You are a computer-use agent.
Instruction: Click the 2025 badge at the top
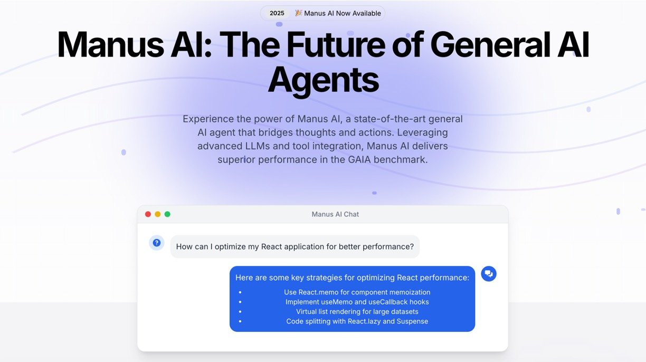pyautogui.click(x=277, y=13)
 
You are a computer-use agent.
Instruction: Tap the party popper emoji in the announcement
pyautogui.click(x=298, y=13)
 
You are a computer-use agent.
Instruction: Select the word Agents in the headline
pyautogui.click(x=323, y=80)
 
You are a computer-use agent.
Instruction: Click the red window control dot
pyautogui.click(x=148, y=214)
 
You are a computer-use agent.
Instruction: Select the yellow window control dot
pyautogui.click(x=157, y=214)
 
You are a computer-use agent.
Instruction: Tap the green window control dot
pyautogui.click(x=167, y=214)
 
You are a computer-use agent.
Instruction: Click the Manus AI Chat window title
pyautogui.click(x=335, y=214)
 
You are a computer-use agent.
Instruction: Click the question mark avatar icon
pyautogui.click(x=156, y=243)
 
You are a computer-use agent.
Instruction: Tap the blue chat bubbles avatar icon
pyautogui.click(x=489, y=273)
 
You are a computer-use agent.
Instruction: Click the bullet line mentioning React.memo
pyautogui.click(x=357, y=292)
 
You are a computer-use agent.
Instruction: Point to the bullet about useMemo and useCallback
pyautogui.click(x=357, y=302)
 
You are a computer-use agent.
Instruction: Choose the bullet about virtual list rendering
pyautogui.click(x=357, y=312)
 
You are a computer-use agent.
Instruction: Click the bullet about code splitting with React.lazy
pyautogui.click(x=357, y=321)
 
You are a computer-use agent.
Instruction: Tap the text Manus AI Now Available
pyautogui.click(x=343, y=13)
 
